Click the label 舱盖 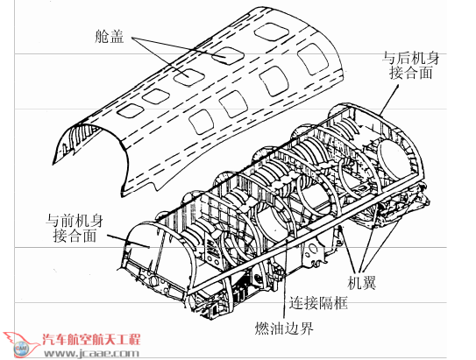point(110,37)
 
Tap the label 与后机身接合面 point(411,66)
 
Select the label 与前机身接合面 point(74,229)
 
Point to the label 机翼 point(362,283)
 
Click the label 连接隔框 point(318,302)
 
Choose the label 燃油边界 point(284,328)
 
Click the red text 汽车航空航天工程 point(91,340)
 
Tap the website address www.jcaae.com point(91,353)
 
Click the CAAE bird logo point(21,345)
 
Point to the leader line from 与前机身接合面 point(128,241)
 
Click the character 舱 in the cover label point(102,37)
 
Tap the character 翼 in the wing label point(369,283)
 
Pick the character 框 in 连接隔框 point(340,302)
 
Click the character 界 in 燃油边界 point(306,328)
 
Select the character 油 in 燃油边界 point(277,328)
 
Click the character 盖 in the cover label point(117,37)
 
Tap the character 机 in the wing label point(355,283)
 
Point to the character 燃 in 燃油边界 point(262,328)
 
